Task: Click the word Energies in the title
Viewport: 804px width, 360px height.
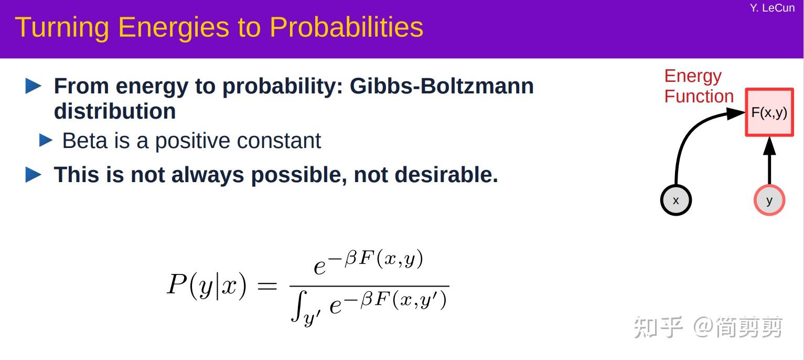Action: tap(173, 28)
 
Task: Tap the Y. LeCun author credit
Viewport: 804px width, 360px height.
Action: tap(772, 8)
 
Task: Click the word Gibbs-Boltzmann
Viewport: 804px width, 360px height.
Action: tap(442, 86)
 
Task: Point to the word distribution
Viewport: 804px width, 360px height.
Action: tap(115, 111)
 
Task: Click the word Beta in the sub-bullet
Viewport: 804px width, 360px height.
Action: tap(85, 141)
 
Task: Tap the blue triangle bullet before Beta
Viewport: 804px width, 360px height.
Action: tap(46, 141)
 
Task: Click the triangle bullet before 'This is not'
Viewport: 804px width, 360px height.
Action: tap(34, 175)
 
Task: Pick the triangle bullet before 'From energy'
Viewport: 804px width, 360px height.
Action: tap(34, 86)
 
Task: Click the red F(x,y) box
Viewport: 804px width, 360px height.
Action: tap(769, 112)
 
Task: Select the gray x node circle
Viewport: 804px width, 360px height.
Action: tap(676, 200)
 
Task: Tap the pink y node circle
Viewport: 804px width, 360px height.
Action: tap(769, 200)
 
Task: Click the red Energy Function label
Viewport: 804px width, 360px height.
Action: tap(699, 87)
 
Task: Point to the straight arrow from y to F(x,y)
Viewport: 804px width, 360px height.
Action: tap(769, 161)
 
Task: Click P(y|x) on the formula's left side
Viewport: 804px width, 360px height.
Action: tap(207, 285)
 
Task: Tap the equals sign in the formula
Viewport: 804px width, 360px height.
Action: tap(267, 286)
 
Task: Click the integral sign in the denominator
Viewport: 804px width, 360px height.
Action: tap(299, 305)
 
